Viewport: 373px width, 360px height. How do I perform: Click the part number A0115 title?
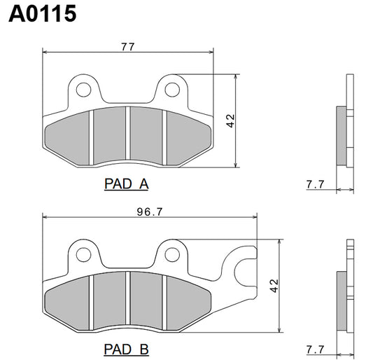point(42,15)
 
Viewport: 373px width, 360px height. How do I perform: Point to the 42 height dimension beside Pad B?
point(274,286)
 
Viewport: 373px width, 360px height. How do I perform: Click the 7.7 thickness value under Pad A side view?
point(315,184)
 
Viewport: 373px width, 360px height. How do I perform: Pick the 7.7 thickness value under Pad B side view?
point(315,348)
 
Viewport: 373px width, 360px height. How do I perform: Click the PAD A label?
point(126,184)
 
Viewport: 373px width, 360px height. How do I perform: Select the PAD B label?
point(126,348)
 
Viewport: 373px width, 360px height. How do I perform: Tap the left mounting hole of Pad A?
point(84,89)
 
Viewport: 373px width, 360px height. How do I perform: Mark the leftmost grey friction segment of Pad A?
point(68,137)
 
